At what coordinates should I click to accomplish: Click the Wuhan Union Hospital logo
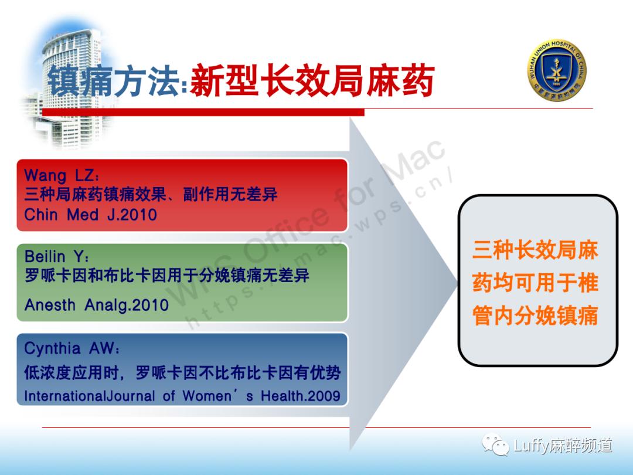(557, 70)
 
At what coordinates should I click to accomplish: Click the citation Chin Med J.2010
(91, 215)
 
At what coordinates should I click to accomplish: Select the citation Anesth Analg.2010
(97, 305)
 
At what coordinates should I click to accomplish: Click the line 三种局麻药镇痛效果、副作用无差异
(151, 195)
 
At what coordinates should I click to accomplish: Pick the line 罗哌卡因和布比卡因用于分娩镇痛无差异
(167, 275)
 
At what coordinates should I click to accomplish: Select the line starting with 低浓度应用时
(182, 372)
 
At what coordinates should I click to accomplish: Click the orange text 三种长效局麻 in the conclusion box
(535, 251)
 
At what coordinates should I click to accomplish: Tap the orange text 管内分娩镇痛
(535, 315)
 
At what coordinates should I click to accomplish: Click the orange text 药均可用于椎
(535, 283)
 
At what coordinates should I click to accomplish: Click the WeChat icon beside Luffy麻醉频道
(496, 446)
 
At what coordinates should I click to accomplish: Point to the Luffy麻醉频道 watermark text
(563, 446)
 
